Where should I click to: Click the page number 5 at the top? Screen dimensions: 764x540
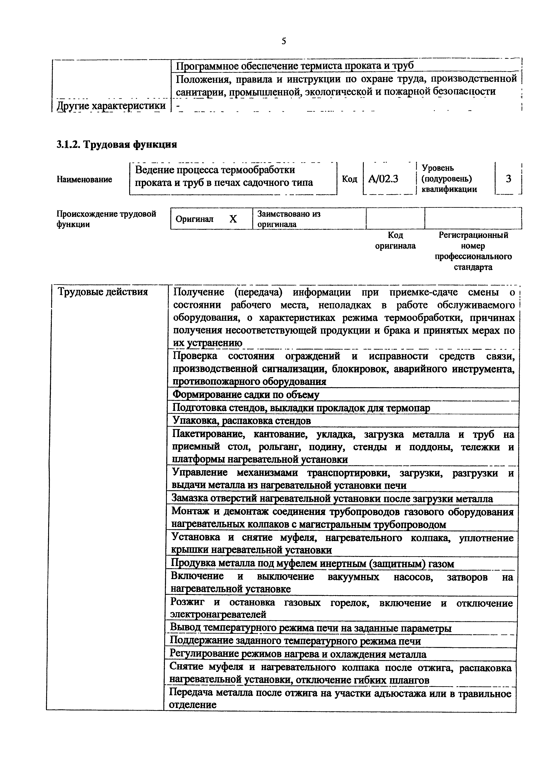(283, 41)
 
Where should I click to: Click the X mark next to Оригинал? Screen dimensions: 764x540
(233, 219)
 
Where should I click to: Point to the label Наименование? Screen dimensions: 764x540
(84, 179)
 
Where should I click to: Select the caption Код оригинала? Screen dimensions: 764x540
(395, 241)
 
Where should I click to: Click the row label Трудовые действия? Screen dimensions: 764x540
(103, 292)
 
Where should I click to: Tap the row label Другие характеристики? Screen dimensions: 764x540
(111, 106)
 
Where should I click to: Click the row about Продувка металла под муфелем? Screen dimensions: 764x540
(312, 564)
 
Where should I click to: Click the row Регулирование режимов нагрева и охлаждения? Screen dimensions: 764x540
(298, 654)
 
